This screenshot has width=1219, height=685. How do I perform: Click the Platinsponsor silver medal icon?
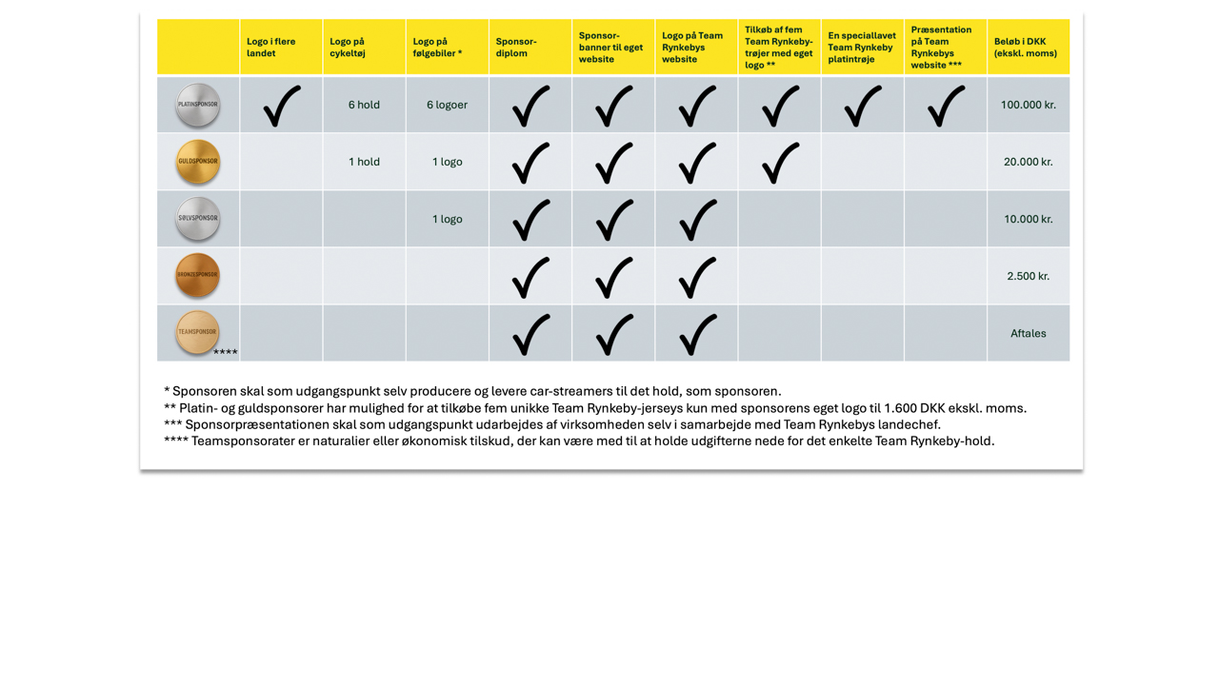(198, 105)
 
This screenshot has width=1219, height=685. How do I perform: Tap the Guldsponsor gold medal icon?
(198, 162)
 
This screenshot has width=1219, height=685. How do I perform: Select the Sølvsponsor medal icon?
(198, 219)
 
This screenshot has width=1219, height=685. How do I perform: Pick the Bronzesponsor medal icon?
(198, 275)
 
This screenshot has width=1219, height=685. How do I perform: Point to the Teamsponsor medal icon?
(198, 332)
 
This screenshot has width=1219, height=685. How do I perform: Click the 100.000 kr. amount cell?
(1028, 105)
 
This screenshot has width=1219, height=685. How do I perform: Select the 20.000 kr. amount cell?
(1028, 162)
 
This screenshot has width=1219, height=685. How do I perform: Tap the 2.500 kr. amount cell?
(1028, 276)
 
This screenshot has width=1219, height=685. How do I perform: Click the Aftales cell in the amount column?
(1028, 333)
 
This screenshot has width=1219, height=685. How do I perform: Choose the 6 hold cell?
(364, 105)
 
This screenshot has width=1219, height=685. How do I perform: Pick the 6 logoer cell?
(447, 105)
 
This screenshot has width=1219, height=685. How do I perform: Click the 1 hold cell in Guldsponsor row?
(364, 162)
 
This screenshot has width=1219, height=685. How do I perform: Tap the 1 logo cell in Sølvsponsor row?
(447, 219)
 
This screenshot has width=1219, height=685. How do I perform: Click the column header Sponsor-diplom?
(516, 48)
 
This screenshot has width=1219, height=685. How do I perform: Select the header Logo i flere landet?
(271, 48)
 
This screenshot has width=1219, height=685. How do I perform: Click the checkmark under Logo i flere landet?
(282, 106)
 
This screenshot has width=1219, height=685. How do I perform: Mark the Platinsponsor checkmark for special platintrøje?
(863, 106)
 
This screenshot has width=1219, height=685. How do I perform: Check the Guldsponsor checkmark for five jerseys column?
(780, 163)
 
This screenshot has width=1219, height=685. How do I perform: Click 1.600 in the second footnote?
(900, 408)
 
